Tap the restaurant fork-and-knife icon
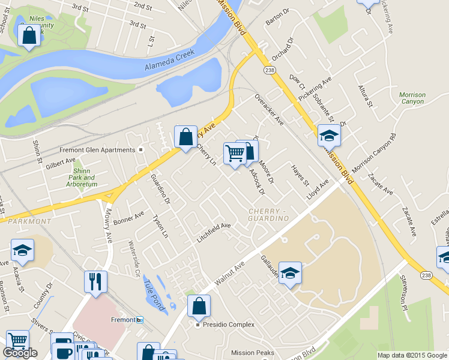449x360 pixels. pyautogui.click(x=96, y=283)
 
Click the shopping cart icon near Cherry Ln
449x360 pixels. pyautogui.click(x=234, y=154)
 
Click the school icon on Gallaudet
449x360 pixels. pyautogui.click(x=289, y=273)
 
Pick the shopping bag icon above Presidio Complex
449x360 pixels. pyautogui.click(x=199, y=306)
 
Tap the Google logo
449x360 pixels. pyautogui.click(x=20, y=353)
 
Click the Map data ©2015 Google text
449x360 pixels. pyautogui.click(x=412, y=355)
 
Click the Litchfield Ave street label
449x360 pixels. pyautogui.click(x=214, y=233)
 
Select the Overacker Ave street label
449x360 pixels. pyautogui.click(x=268, y=109)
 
